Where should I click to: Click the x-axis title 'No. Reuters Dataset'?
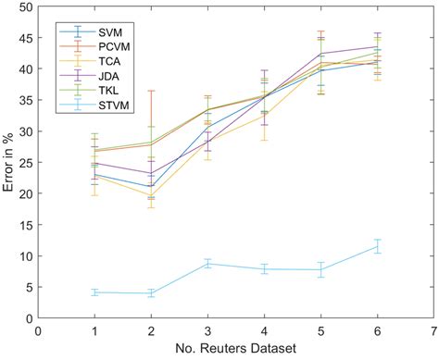coord(235,349)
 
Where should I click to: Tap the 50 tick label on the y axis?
coord(25,7)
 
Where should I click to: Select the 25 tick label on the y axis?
coord(25,163)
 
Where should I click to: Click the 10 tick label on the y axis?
coord(25,256)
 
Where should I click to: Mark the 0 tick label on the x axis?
coord(38,329)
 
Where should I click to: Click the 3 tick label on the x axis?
coord(207,329)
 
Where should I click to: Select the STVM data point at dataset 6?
coord(377,246)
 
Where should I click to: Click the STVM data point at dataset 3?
coord(207,264)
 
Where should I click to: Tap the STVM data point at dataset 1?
coord(94,292)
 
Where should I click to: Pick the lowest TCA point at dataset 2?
coord(151,195)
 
